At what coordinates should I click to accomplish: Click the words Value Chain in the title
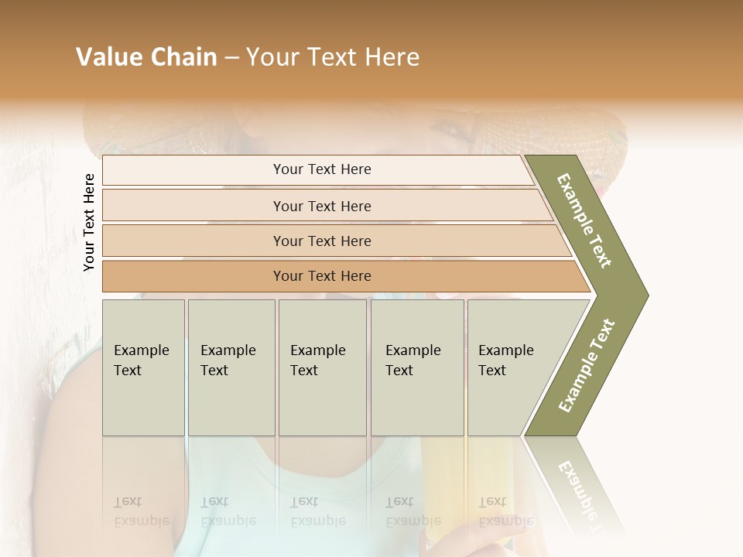tap(146, 57)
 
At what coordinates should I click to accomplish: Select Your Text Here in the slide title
tap(333, 57)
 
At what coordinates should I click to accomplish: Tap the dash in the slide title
tap(231, 58)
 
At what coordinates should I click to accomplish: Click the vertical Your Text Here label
tap(89, 222)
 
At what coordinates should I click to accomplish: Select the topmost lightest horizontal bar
tap(321, 169)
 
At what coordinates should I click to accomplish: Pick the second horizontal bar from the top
tap(321, 206)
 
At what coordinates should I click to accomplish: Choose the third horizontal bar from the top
tap(321, 241)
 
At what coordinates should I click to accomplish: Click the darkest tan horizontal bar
tap(321, 276)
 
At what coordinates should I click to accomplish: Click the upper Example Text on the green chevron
tap(584, 220)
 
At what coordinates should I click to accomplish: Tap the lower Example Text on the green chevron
tap(587, 366)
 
